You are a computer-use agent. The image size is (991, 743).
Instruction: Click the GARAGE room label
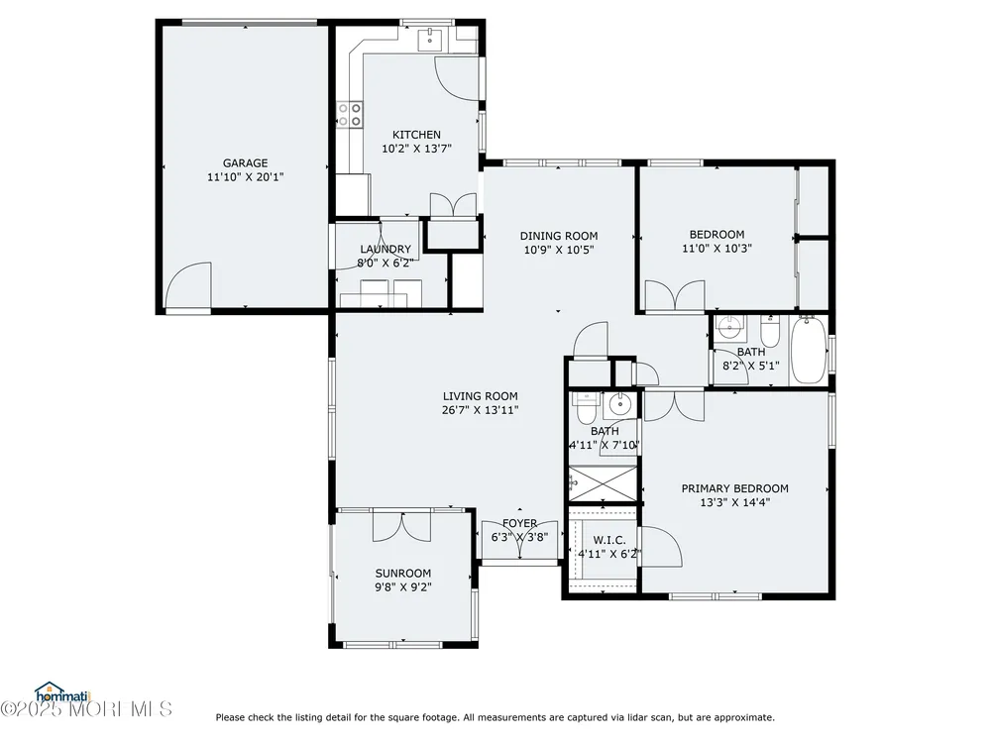click(245, 163)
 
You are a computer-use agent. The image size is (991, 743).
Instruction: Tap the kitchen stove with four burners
click(350, 114)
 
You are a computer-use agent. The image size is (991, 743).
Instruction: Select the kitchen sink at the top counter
click(430, 39)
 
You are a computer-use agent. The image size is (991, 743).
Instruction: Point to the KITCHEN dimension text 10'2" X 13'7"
click(416, 149)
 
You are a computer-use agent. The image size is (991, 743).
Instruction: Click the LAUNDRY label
click(385, 249)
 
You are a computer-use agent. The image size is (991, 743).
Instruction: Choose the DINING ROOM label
click(559, 236)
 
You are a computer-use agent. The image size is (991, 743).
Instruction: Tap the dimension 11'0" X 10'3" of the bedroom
click(716, 249)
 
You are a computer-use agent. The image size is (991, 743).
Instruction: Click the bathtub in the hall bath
click(809, 350)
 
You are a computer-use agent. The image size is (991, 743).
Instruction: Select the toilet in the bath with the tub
click(770, 331)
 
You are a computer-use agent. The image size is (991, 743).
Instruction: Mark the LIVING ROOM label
click(481, 396)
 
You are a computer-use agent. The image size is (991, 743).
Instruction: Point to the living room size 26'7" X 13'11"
click(481, 410)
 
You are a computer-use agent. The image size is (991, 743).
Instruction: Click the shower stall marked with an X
click(603, 484)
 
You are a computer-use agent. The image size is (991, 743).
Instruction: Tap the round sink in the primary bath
click(619, 404)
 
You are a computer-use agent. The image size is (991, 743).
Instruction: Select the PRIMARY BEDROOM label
click(735, 488)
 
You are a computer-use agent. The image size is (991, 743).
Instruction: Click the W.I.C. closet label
click(609, 540)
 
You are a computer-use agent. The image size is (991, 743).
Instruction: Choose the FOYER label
click(519, 523)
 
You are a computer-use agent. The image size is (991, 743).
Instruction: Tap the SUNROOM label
click(403, 573)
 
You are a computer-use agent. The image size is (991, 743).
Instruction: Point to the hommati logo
click(63, 693)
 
